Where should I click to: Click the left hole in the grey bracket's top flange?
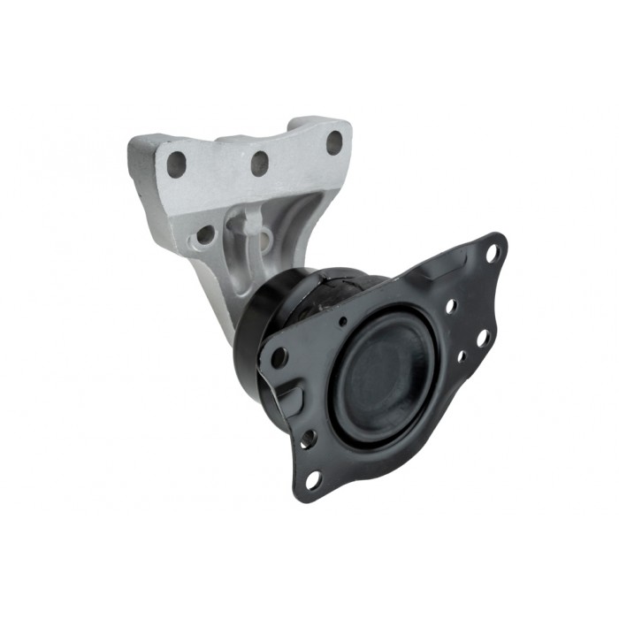click(177, 164)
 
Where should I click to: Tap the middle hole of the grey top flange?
click(259, 163)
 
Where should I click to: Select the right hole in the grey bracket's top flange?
click(334, 142)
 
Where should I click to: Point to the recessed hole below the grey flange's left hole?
click(205, 235)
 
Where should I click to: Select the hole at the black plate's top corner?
click(493, 252)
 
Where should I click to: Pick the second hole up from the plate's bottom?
click(309, 438)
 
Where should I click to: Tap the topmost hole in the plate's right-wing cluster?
click(451, 306)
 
